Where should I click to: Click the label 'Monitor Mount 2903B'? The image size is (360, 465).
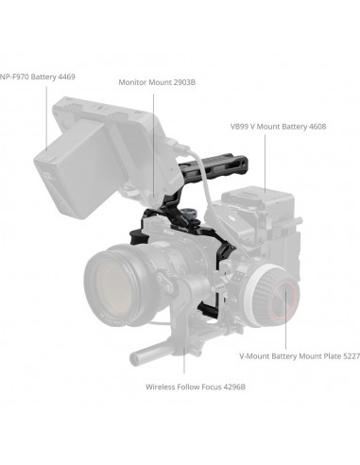tap(157, 82)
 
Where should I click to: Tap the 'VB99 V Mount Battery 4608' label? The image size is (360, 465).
tap(278, 126)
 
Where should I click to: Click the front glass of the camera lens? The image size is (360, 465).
tap(118, 281)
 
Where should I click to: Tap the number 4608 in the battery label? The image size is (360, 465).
tap(316, 126)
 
